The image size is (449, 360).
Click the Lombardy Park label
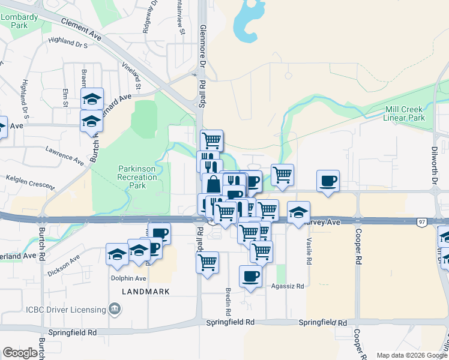14,21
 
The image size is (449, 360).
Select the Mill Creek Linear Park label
404,113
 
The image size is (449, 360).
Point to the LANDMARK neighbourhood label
145,292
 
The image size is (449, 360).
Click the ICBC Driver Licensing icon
115,310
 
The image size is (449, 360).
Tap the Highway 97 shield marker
421,223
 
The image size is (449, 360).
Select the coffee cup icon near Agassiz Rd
250,277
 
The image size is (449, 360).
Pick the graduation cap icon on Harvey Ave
298,212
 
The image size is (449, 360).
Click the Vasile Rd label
309,250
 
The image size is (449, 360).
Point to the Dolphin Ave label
128,278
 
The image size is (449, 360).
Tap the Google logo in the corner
20,353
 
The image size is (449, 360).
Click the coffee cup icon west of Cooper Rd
328,181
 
